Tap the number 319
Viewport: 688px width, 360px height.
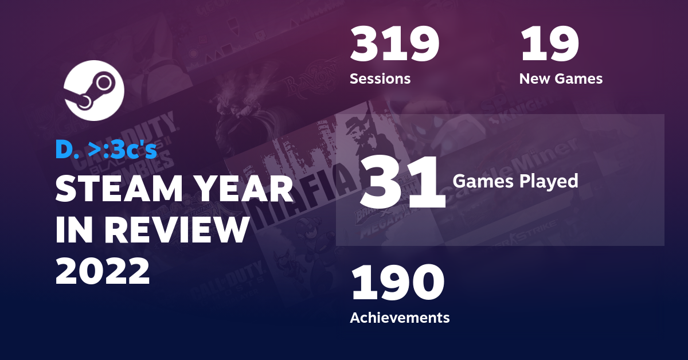click(x=395, y=45)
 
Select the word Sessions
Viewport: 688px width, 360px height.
click(x=380, y=79)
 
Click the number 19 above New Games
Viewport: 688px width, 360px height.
click(x=549, y=45)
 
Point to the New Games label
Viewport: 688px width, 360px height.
click(x=561, y=79)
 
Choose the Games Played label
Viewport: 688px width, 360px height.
click(x=515, y=181)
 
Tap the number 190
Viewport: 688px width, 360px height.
click(x=398, y=284)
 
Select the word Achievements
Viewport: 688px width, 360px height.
click(x=400, y=317)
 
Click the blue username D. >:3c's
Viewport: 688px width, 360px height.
click(x=105, y=149)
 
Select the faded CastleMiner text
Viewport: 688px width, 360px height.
click(x=505, y=172)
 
